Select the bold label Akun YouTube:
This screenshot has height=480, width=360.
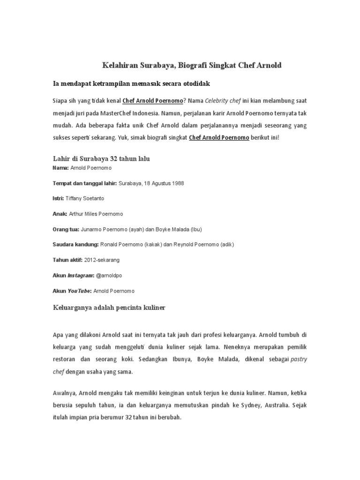click(x=72, y=291)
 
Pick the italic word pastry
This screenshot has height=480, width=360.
click(x=298, y=360)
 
